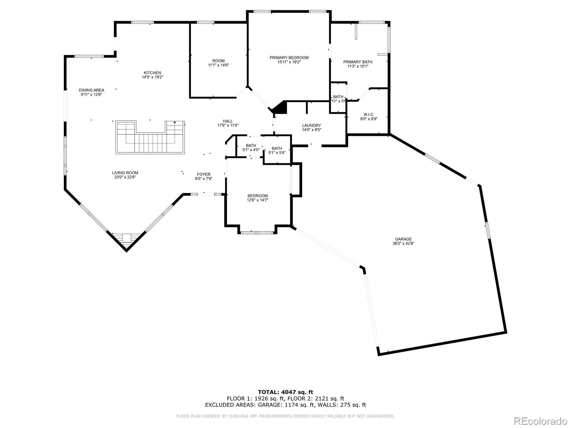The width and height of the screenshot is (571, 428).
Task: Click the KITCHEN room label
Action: coord(152,73)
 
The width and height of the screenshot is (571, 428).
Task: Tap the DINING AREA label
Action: coord(91,90)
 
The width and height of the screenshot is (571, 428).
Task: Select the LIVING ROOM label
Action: coord(125,173)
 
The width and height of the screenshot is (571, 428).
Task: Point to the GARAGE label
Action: coord(403,239)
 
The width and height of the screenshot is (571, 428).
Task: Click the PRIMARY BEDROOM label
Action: coord(289,58)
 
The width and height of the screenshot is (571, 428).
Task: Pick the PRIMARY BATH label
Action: coord(358,62)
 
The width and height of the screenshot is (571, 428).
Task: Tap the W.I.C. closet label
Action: coord(369,114)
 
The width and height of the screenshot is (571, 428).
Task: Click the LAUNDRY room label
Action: coord(312,126)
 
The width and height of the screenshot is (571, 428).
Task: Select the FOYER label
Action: coord(204,174)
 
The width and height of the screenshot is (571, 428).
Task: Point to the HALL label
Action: coord(228,121)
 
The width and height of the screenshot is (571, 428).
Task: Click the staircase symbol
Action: coord(150,138)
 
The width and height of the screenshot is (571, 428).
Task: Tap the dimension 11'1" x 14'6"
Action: coord(218,65)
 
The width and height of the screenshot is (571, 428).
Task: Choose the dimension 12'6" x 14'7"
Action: coord(258,200)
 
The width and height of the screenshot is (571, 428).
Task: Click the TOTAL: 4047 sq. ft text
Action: coord(285,392)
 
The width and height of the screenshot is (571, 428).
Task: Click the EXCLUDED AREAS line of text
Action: coord(285,405)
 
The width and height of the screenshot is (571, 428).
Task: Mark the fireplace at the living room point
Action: coord(126,238)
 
